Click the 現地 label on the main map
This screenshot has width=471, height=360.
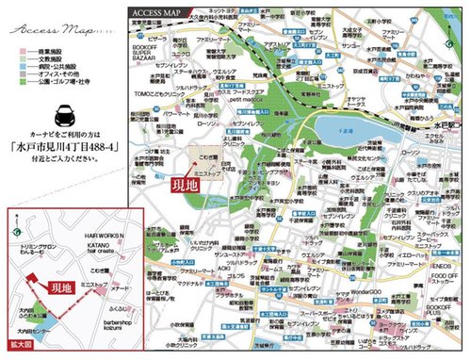point(185,186)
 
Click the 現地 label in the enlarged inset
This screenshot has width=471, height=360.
point(58,283)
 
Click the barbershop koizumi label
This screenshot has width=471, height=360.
point(115,324)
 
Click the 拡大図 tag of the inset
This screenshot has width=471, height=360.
point(18,347)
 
